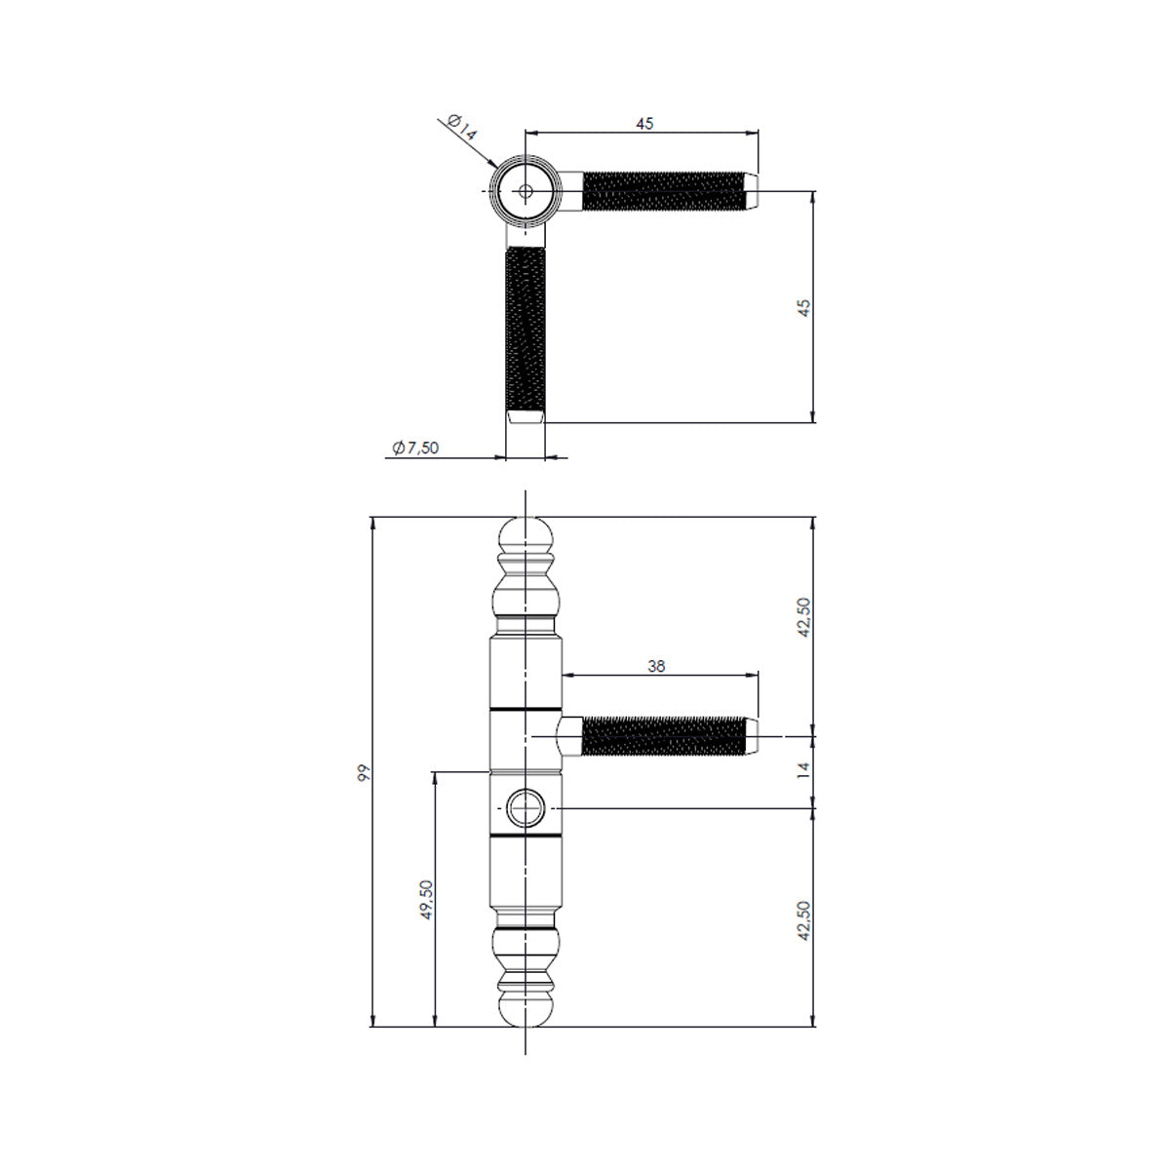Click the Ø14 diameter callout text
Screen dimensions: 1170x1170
(462, 127)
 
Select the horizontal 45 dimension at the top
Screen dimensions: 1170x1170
(644, 123)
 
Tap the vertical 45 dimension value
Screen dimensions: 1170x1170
(803, 308)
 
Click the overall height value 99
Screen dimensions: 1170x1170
(364, 773)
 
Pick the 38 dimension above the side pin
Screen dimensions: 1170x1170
(656, 666)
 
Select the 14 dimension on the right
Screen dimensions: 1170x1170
(803, 769)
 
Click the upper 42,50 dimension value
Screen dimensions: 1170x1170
(803, 617)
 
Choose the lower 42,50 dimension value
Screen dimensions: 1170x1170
(803, 921)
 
